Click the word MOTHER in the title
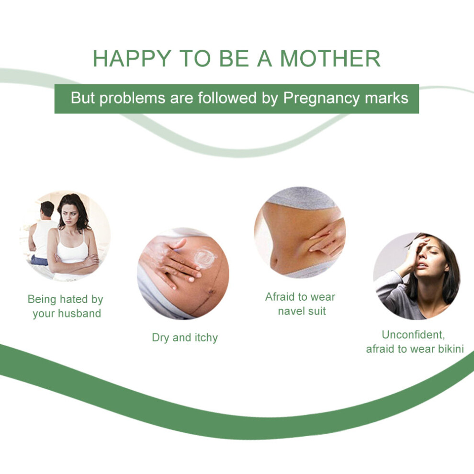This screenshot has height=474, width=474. coord(330,58)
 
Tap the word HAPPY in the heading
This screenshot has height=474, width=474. coord(132,58)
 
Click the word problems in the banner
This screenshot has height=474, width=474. coord(133,99)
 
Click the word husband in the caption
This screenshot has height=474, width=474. coord(79,313)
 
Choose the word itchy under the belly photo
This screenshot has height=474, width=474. coord(206,338)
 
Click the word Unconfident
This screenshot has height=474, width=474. coord(413,335)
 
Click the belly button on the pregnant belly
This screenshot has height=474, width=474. coord(211,292)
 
